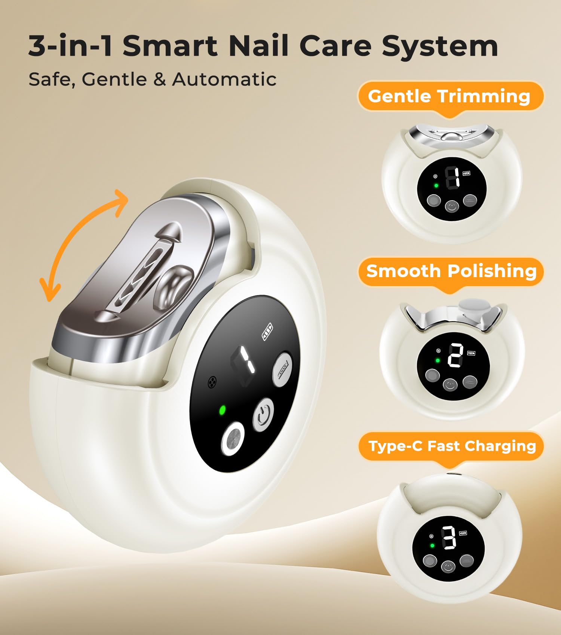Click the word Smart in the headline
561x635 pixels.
(x=170, y=46)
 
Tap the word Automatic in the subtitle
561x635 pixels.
(x=224, y=79)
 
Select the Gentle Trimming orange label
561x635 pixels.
(x=450, y=96)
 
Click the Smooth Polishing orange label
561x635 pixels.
(x=451, y=272)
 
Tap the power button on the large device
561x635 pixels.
(x=264, y=414)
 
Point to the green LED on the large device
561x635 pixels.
(x=222, y=410)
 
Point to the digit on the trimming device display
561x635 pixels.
(x=453, y=178)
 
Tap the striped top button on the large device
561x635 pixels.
(x=282, y=369)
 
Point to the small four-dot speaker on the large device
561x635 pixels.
(x=212, y=382)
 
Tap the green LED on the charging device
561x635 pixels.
(x=432, y=546)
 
